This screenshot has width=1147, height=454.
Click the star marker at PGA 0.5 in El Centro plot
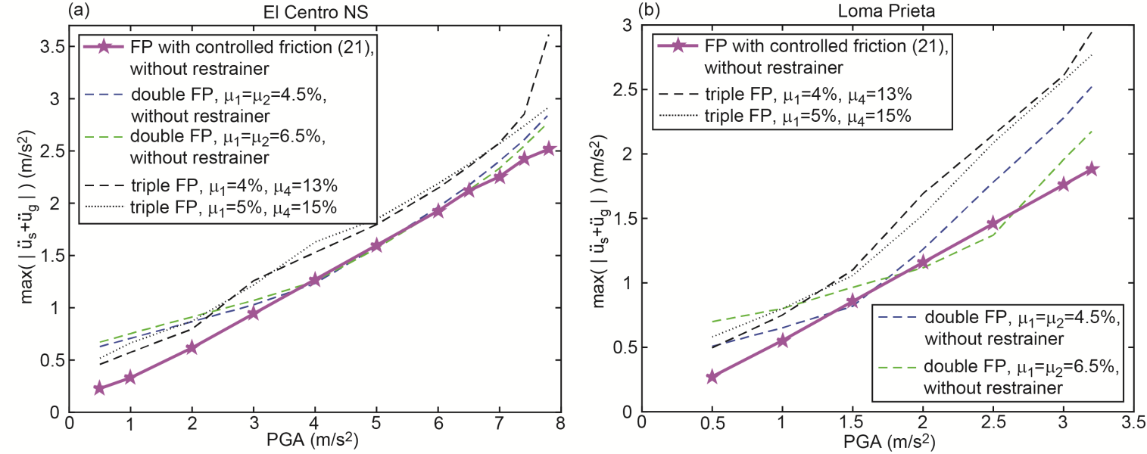pos(99,388)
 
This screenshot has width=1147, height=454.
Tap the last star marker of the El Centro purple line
pos(549,149)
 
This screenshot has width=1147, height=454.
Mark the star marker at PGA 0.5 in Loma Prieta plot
pos(712,377)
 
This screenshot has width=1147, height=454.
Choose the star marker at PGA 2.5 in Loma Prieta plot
pos(993,224)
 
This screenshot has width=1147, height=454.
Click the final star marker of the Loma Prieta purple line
pos(1092,169)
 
